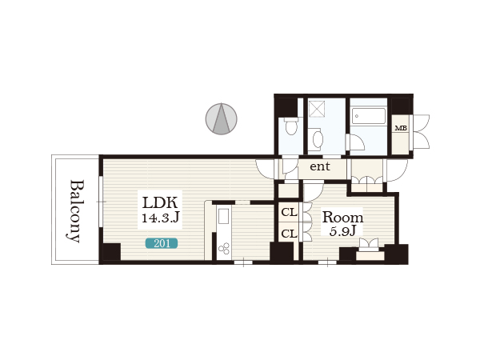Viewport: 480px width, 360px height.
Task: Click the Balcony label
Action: [x=75, y=211]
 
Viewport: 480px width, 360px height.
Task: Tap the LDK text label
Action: [x=160, y=202]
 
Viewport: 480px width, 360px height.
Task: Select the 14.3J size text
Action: [x=160, y=218]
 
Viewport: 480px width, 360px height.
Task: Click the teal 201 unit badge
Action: [x=162, y=243]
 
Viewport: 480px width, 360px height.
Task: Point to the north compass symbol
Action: [x=221, y=118]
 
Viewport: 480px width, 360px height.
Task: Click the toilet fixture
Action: [x=290, y=126]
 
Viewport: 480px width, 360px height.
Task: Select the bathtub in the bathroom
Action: [x=369, y=115]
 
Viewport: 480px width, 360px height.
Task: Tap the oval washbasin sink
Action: [x=318, y=139]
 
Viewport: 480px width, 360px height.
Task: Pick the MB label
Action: [x=401, y=128]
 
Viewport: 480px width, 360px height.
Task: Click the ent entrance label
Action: [x=320, y=166]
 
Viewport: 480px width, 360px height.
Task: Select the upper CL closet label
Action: [x=290, y=212]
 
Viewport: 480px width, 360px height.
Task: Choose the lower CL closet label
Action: [x=290, y=234]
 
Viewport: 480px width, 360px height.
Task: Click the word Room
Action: [x=343, y=218]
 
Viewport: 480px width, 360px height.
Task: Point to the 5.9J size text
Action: [x=343, y=231]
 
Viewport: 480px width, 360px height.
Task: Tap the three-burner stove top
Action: [x=224, y=248]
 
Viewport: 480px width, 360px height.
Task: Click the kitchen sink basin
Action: [x=224, y=216]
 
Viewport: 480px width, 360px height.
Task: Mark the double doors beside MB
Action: [x=422, y=132]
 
